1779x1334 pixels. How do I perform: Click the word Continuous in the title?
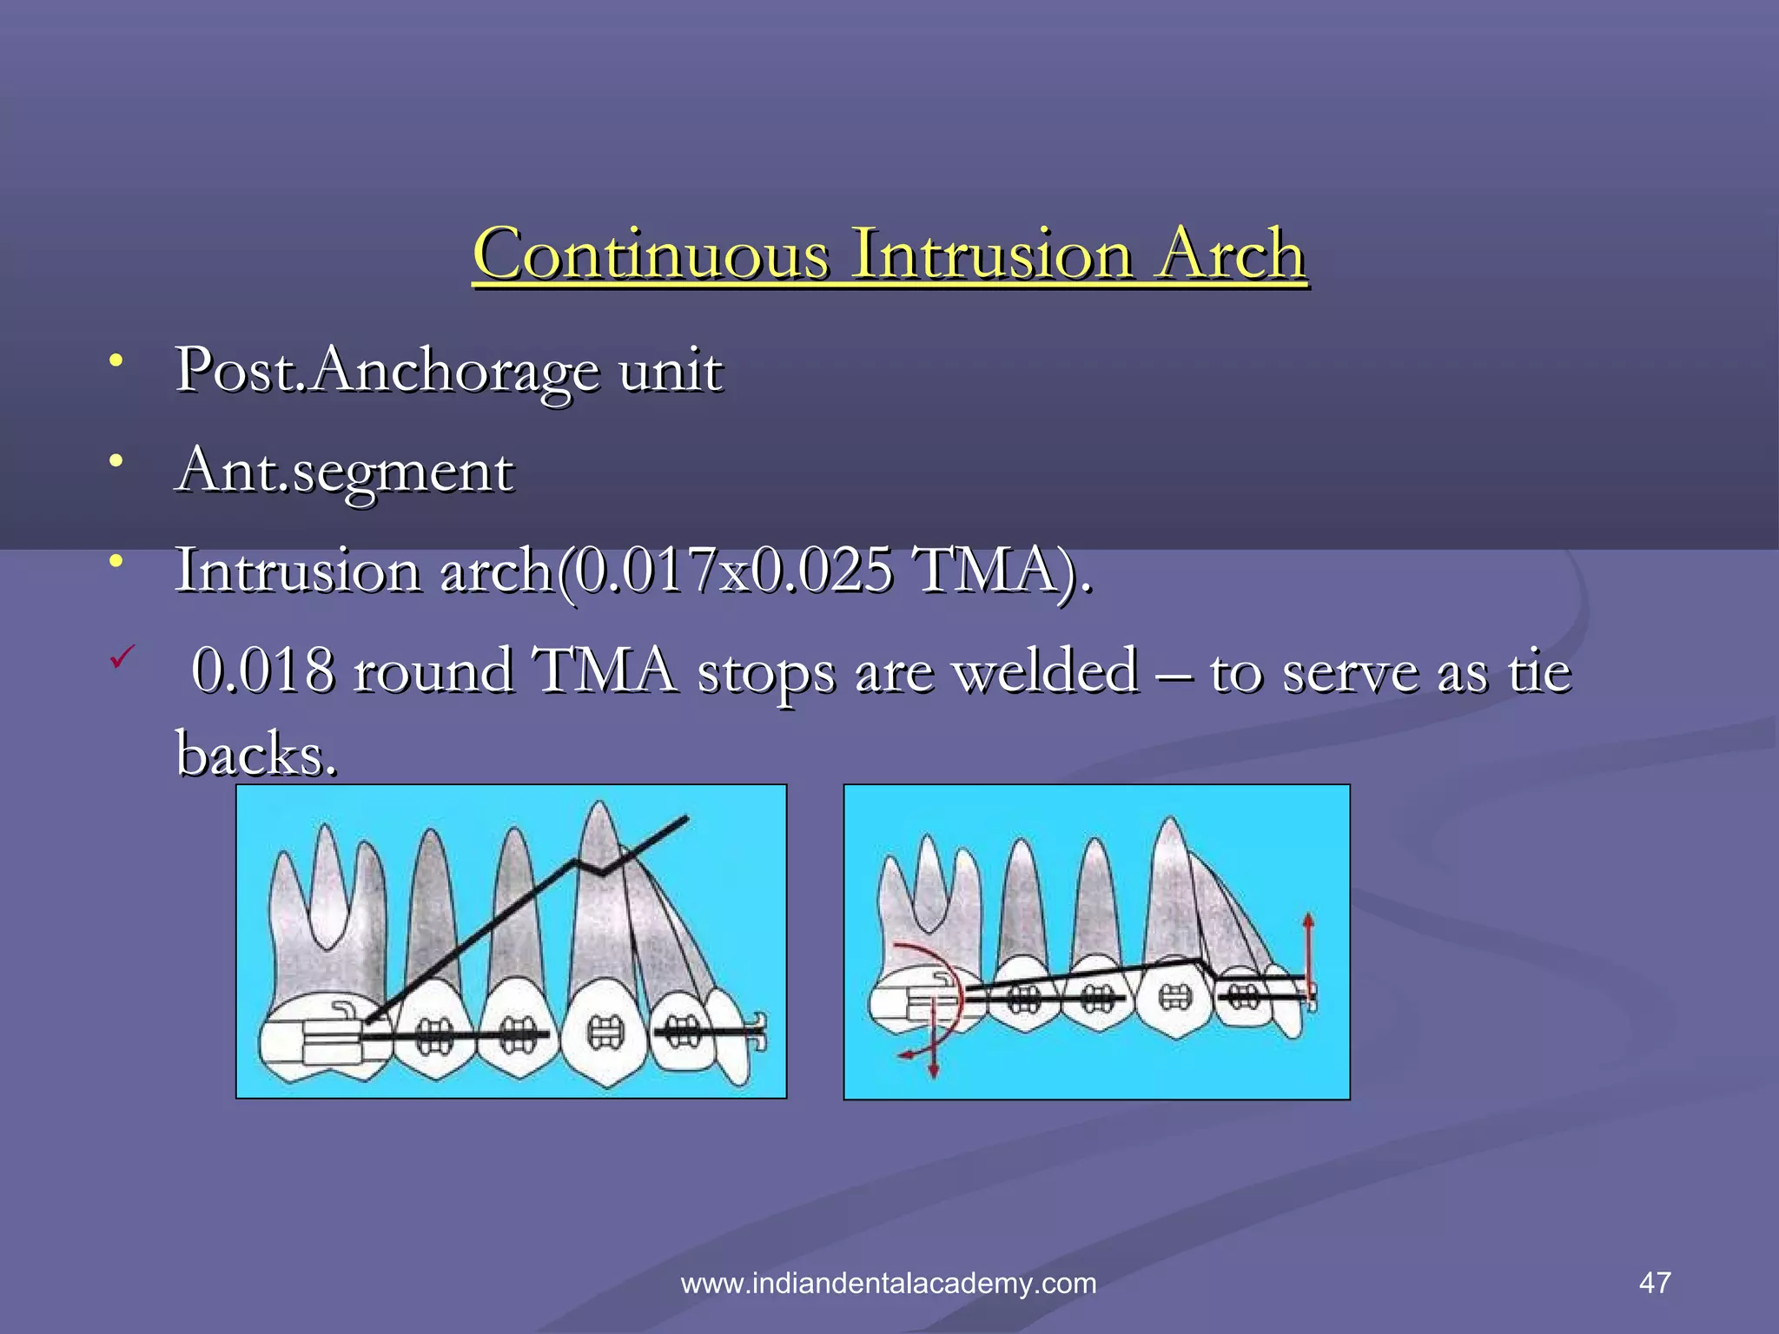(x=651, y=254)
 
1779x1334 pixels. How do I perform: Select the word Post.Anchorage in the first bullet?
(x=387, y=371)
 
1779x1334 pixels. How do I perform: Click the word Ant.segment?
(x=344, y=472)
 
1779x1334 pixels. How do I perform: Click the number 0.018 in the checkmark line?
(x=263, y=671)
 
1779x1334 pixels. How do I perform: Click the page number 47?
(x=1654, y=1283)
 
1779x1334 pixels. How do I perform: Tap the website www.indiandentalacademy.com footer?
(x=888, y=1284)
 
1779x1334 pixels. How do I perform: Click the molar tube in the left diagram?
(x=334, y=1035)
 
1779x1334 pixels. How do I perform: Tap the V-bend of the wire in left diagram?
(x=599, y=871)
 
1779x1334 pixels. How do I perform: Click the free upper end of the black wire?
(x=686, y=817)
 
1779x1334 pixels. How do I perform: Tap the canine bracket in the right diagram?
(x=1175, y=997)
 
